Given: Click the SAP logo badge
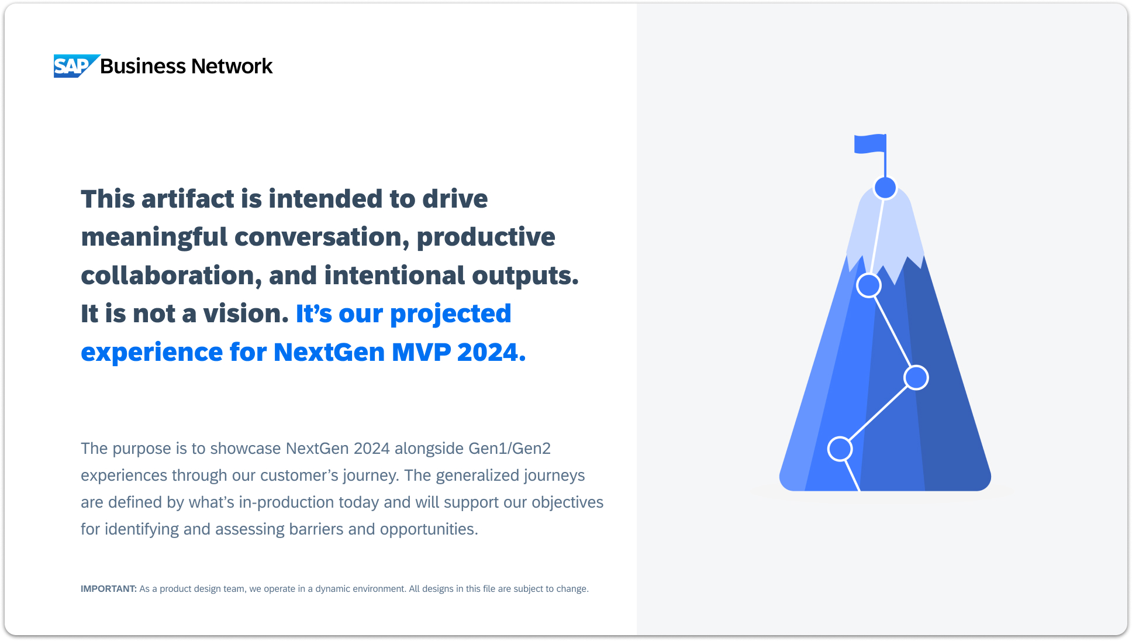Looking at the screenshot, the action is tap(76, 66).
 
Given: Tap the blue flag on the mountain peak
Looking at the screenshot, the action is tap(870, 144).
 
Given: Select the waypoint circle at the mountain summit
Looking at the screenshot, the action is tap(885, 188).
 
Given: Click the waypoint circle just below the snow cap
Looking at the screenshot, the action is tap(869, 285).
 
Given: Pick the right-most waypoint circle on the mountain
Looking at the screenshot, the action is tap(916, 377).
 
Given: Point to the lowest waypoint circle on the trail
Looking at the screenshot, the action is tap(840, 449).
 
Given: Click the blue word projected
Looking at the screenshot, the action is tap(450, 315).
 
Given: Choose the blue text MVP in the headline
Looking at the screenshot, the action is tap(421, 352).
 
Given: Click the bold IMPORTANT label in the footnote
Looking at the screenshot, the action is tap(109, 589).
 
